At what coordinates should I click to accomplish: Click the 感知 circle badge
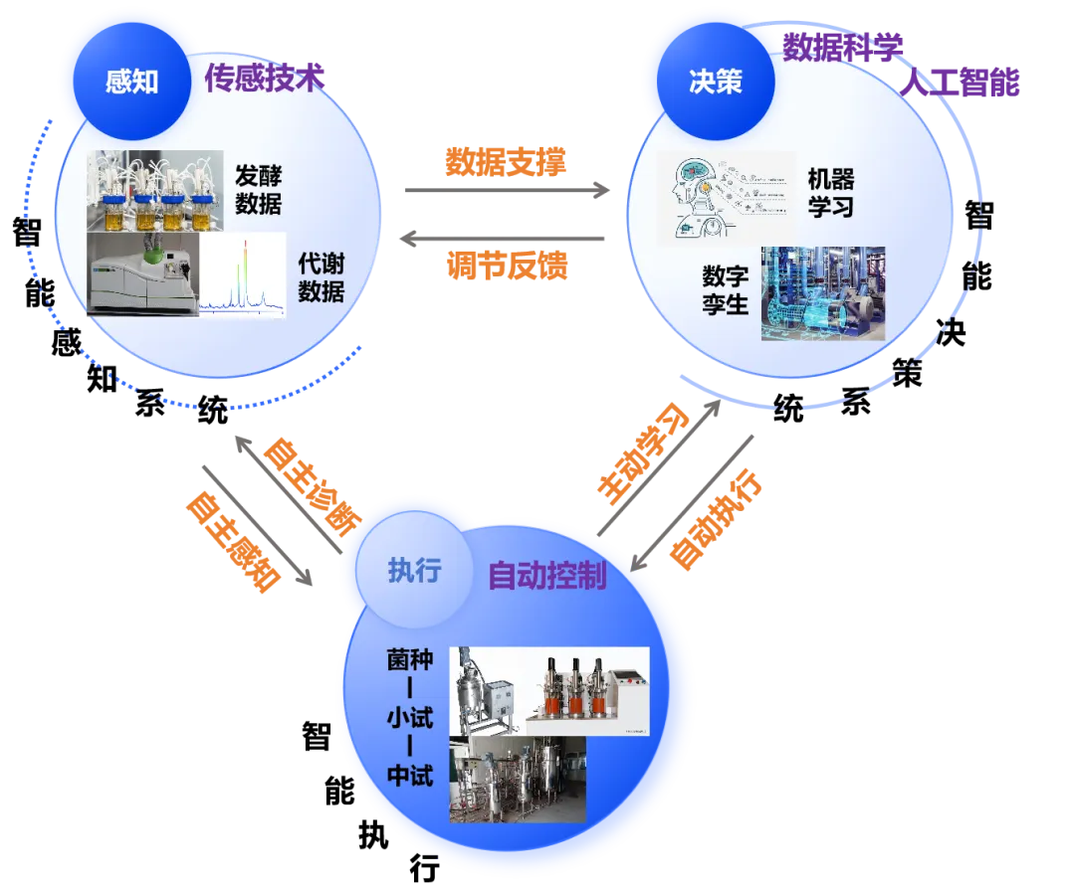coord(131,81)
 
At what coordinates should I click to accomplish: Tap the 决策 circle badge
coord(715,81)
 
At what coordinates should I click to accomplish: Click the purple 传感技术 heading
coord(265,80)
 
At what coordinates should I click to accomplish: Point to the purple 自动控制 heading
coord(546,576)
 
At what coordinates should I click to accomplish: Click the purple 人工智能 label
coord(962,84)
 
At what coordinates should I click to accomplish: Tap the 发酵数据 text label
coord(258,190)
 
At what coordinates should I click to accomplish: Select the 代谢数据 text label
coord(321,277)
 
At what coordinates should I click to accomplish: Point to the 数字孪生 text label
coord(725,288)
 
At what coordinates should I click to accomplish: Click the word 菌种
coord(410,659)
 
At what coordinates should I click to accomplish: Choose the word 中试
coord(410,775)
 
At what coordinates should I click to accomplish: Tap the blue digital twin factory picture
coord(822,293)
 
